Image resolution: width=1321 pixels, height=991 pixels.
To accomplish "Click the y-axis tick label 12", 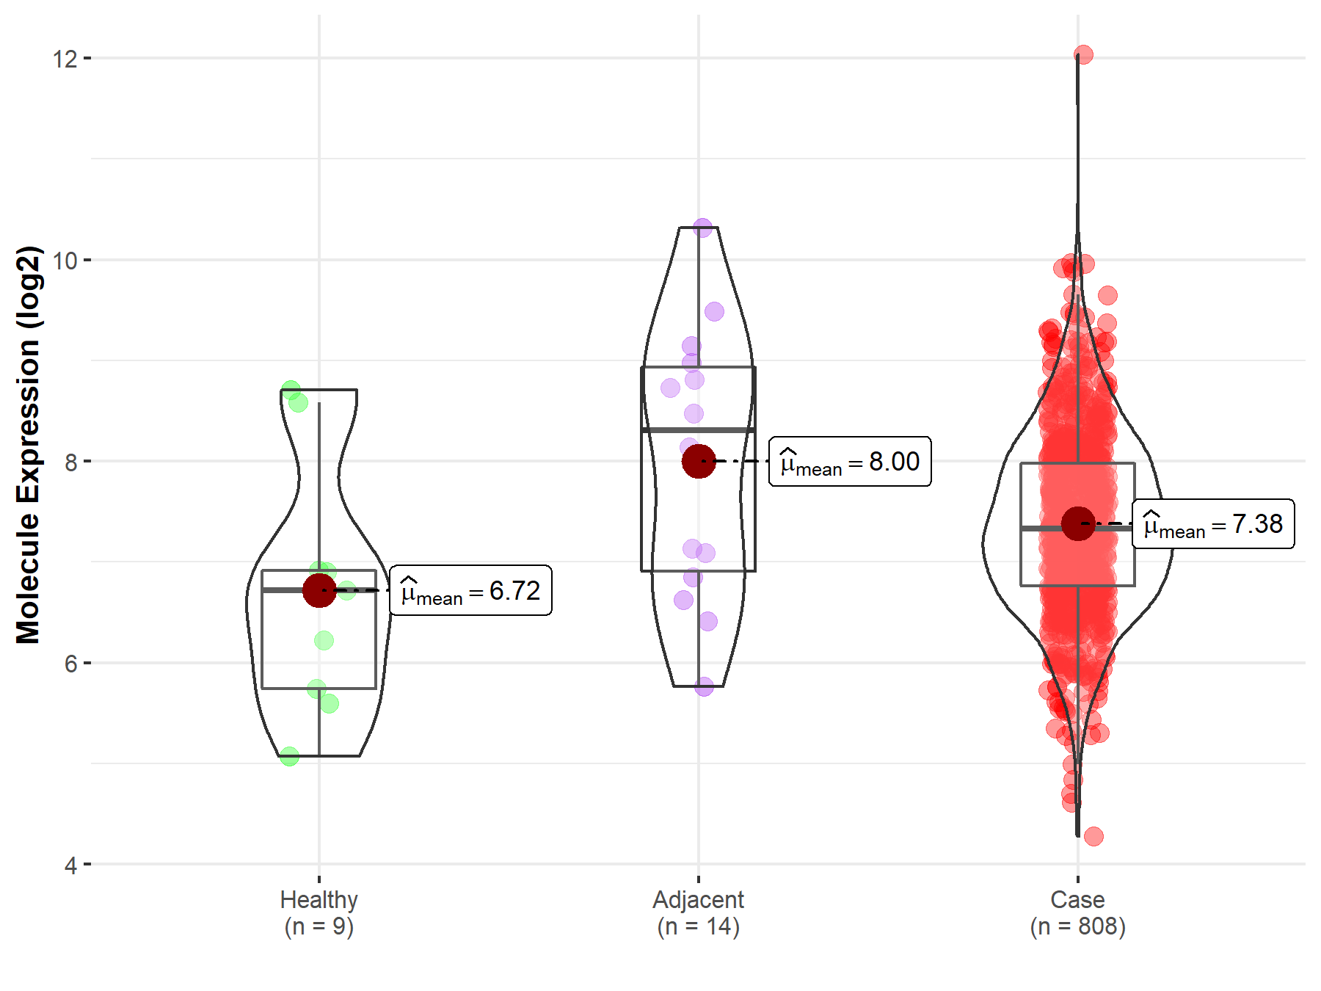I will click(x=65, y=58).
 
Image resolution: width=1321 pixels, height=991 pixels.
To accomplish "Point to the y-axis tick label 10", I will click(x=65, y=260).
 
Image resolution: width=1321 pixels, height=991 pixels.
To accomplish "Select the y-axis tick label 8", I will click(x=70, y=462).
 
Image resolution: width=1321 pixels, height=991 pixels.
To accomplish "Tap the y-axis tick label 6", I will click(x=70, y=664).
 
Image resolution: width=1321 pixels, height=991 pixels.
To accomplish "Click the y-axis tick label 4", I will click(x=70, y=865).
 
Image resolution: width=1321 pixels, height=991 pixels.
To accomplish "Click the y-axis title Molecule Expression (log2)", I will click(x=28, y=444).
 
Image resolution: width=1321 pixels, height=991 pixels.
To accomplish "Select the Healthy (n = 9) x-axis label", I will click(x=319, y=912).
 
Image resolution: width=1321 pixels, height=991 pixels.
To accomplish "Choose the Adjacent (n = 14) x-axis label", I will click(x=698, y=912).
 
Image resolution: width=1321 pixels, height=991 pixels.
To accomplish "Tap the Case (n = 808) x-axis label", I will click(x=1077, y=912).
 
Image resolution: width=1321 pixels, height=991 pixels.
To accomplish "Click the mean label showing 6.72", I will click(x=470, y=590).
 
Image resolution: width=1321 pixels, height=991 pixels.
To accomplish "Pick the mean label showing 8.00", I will click(x=850, y=461).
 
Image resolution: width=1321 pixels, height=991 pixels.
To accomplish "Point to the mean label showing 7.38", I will click(x=1213, y=524).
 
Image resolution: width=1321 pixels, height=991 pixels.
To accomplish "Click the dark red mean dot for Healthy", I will click(x=319, y=590).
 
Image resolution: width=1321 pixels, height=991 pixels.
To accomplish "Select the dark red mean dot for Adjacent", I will click(x=698, y=461).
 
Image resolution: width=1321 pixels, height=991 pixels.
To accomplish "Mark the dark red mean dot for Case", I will click(x=1077, y=524).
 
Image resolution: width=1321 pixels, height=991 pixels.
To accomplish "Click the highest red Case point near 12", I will click(x=1083, y=54).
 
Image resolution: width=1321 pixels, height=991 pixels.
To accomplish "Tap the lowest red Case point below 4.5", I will click(x=1093, y=836).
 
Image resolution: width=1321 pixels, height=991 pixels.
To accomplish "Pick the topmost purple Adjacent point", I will click(x=703, y=228).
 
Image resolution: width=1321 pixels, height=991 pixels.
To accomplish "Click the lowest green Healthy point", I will click(x=289, y=755).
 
